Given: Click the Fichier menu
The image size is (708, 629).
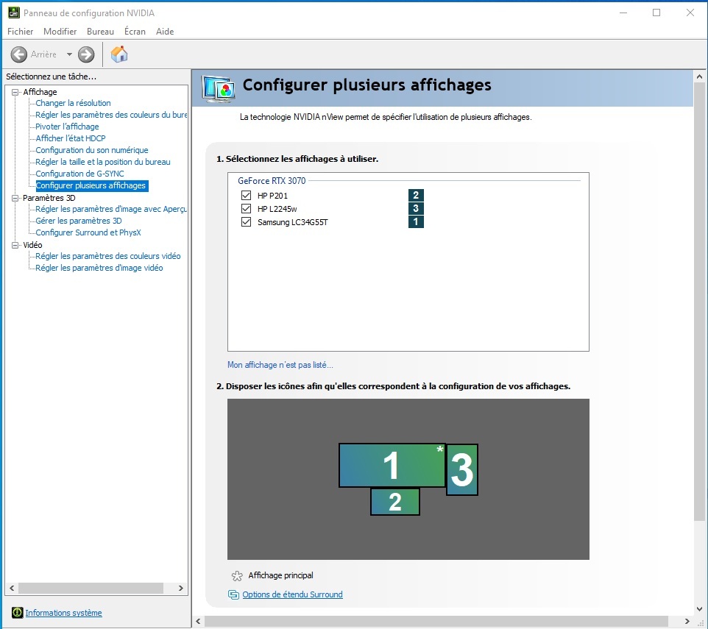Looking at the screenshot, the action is tap(21, 31).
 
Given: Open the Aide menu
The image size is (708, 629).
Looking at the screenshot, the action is tap(165, 31).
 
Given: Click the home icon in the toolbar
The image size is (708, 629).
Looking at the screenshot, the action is tap(119, 54).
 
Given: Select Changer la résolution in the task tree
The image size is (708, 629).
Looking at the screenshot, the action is tap(73, 103).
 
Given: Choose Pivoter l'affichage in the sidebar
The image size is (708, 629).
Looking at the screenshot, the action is tap(67, 127).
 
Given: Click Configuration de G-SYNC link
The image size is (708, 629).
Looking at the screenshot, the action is tap(80, 174).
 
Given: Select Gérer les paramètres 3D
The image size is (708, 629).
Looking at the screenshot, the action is tap(79, 221).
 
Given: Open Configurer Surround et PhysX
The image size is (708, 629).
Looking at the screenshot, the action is tap(88, 232).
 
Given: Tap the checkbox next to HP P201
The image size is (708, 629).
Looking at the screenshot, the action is tap(246, 196).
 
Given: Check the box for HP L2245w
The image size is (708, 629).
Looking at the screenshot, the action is tap(246, 208).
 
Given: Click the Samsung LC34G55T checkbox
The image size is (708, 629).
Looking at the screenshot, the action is tap(246, 221).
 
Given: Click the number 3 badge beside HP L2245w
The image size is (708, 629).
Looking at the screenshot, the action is tap(416, 208).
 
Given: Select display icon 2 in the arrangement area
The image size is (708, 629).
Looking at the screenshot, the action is tap(395, 501).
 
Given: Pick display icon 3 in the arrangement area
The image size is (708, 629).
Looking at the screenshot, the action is tap(462, 469).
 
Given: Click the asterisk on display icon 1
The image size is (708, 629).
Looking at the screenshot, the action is tap(440, 449).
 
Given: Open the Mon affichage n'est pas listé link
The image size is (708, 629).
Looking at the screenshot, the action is tap(280, 365).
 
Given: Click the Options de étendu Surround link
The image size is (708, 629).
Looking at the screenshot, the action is tap(293, 594).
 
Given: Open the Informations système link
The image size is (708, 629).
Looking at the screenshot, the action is tap(64, 613).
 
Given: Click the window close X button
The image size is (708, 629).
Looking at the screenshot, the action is tap(690, 13).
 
